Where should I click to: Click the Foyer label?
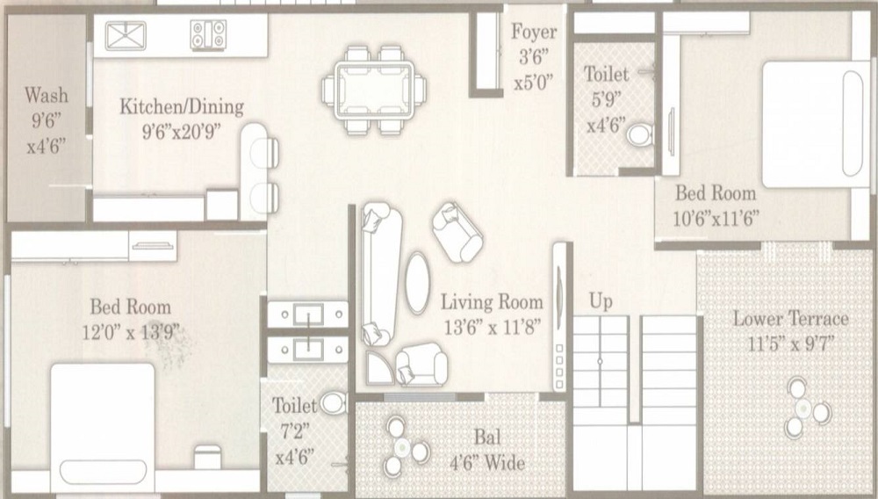534,32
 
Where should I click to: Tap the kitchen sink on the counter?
126,36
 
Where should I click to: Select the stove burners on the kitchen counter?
208,35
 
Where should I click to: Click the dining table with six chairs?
374,90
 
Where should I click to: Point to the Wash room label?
47,95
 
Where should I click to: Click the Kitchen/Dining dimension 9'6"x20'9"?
182,131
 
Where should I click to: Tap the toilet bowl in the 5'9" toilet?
639,135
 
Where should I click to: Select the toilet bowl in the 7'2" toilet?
334,402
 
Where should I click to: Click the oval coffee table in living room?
418,283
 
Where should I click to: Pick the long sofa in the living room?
381,273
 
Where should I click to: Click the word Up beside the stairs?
601,302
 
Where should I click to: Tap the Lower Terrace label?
791,319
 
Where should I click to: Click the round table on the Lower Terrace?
804,409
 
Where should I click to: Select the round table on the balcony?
403,447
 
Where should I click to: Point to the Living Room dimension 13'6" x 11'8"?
493,327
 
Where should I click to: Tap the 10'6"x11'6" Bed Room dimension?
716,219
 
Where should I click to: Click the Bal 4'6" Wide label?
487,450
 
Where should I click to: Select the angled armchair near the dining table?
457,233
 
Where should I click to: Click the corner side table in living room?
378,368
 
